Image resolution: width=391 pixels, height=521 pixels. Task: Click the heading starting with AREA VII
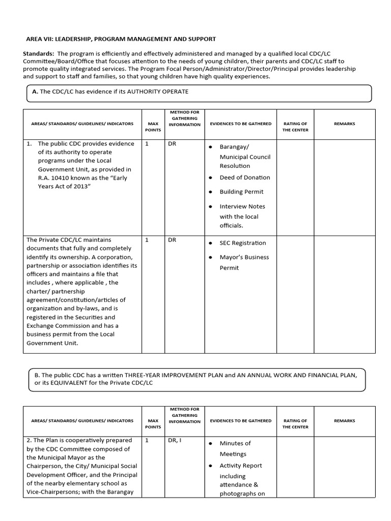[x=121, y=39]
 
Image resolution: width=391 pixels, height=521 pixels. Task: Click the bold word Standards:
[x=39, y=53]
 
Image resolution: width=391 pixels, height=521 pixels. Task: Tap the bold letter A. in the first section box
[x=35, y=92]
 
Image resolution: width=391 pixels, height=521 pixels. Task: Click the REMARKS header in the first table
[x=344, y=124]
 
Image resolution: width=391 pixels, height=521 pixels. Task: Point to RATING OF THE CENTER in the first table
[x=295, y=127]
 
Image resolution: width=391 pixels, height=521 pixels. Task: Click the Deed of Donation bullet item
[x=244, y=178]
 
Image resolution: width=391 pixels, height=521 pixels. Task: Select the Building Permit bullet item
[x=241, y=192]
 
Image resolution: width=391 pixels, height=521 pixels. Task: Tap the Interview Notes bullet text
[x=242, y=207]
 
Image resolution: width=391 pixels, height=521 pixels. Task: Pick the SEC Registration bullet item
[x=242, y=243]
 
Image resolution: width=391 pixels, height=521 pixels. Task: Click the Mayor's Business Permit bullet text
[x=244, y=257]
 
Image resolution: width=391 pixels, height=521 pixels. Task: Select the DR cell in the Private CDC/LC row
[x=172, y=240]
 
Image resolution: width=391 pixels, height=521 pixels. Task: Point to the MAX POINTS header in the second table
[x=153, y=424]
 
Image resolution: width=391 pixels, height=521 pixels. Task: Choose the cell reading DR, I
[x=175, y=441]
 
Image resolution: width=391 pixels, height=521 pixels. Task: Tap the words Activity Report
[x=241, y=466]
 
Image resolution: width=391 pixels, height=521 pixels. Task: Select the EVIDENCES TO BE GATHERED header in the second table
[x=241, y=421]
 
